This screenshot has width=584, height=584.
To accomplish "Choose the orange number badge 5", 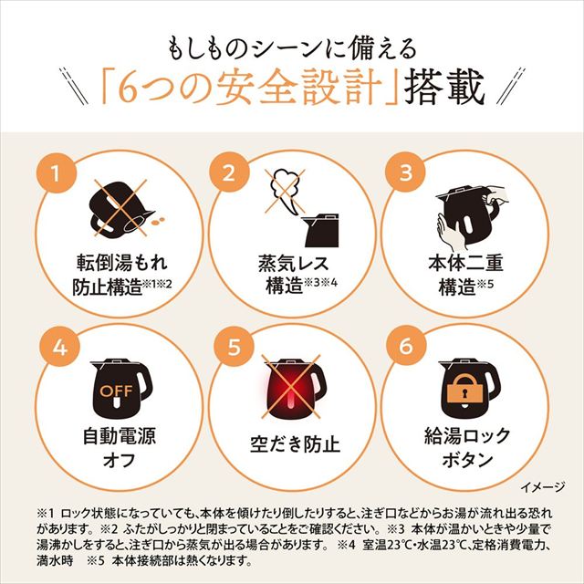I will click(x=230, y=348).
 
